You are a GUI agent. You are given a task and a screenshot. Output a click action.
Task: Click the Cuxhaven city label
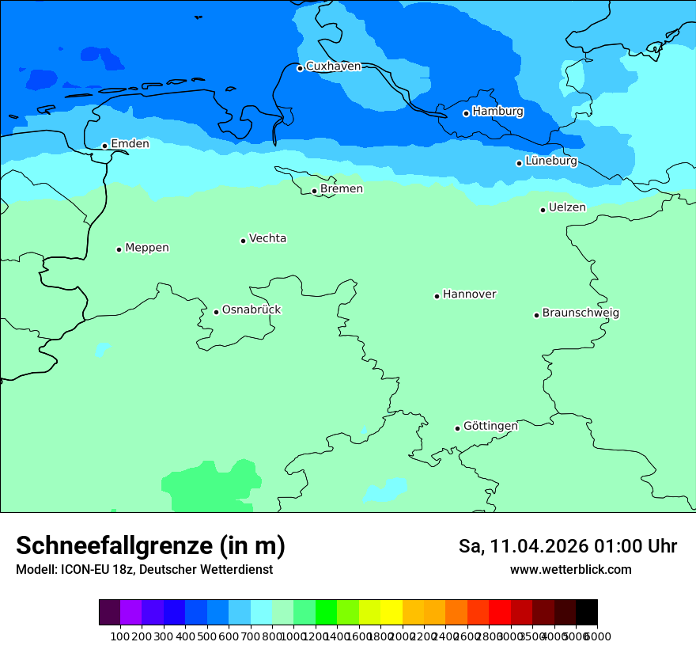coord(333,66)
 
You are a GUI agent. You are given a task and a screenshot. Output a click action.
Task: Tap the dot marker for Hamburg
coord(466,113)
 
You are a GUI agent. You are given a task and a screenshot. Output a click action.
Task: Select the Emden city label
coord(130,144)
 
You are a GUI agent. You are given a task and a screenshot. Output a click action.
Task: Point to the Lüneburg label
coord(550,161)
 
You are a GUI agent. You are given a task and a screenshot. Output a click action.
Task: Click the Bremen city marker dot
coord(314,191)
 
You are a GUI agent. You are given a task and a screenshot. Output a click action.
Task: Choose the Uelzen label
coord(567,207)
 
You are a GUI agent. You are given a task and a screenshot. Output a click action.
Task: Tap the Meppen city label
coord(147,248)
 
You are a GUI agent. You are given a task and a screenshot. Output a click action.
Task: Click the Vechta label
coord(267,238)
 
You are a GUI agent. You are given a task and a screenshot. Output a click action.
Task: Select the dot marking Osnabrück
coord(216,312)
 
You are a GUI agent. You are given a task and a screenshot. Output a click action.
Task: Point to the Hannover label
coord(469,294)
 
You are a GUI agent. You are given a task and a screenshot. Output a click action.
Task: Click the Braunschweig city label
coord(581,313)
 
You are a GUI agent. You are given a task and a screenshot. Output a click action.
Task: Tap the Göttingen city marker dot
coord(457,428)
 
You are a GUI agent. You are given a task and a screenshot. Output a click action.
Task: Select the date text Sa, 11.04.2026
coord(524,546)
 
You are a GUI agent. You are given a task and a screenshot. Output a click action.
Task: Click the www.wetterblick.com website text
coord(570,570)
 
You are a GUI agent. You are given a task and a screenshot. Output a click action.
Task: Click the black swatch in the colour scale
coord(586,613)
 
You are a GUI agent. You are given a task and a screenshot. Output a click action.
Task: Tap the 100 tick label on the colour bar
coord(120,636)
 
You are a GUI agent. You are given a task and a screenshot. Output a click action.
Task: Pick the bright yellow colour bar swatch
coord(391,613)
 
